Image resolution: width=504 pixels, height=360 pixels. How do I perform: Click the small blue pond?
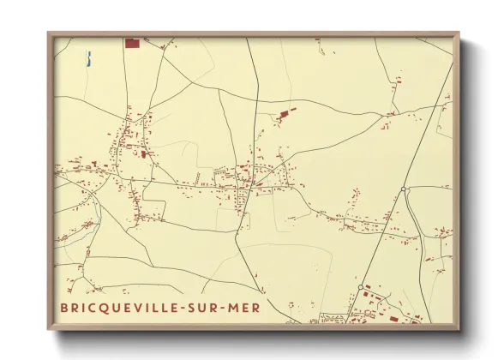(88, 59)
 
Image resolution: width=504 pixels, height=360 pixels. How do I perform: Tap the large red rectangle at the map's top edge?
(132, 42)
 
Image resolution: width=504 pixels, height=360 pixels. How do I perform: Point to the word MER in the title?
(247, 308)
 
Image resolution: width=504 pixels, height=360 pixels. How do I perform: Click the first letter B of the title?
(63, 308)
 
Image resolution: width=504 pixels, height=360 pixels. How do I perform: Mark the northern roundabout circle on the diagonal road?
(403, 189)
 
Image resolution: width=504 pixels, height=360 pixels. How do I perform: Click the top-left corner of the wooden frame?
(49, 33)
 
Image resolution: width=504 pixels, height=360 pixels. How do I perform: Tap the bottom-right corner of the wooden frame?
(459, 327)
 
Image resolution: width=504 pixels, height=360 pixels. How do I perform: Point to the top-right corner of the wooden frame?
(459, 33)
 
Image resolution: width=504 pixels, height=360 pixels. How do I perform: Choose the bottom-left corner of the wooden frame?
(49, 327)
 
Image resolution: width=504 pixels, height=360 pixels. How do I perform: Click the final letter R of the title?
(259, 308)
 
